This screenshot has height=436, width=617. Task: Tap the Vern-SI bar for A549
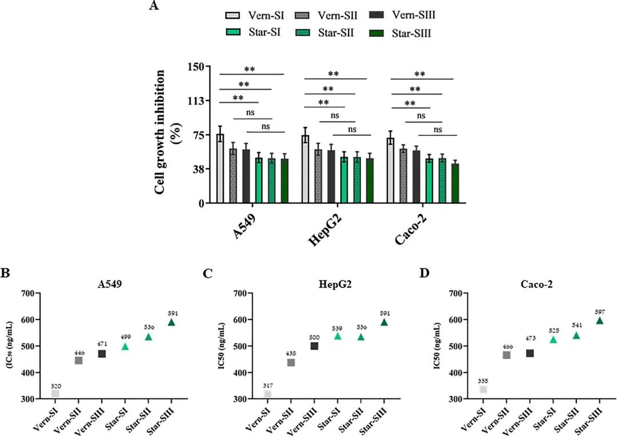click(x=220, y=169)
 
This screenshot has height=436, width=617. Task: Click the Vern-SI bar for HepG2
click(x=306, y=169)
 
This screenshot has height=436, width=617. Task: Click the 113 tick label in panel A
click(x=196, y=101)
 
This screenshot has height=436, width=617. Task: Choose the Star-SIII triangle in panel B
click(x=171, y=322)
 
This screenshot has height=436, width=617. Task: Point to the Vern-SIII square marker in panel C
click(x=314, y=346)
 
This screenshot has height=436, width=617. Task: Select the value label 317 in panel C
click(x=268, y=386)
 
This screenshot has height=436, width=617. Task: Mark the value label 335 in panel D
click(x=483, y=381)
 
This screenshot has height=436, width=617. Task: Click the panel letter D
click(x=424, y=273)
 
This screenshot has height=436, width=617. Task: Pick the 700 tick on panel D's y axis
click(x=455, y=294)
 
